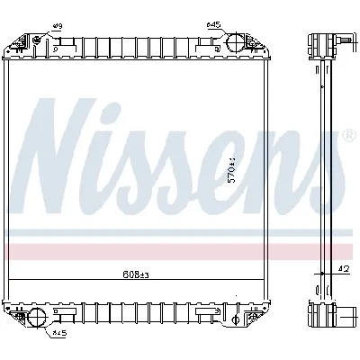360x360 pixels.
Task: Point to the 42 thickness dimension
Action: coord(344,267)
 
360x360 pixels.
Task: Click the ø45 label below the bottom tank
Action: coord(58,333)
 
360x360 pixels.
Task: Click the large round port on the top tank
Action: coord(233,43)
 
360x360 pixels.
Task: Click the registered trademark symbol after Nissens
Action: coord(347,135)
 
